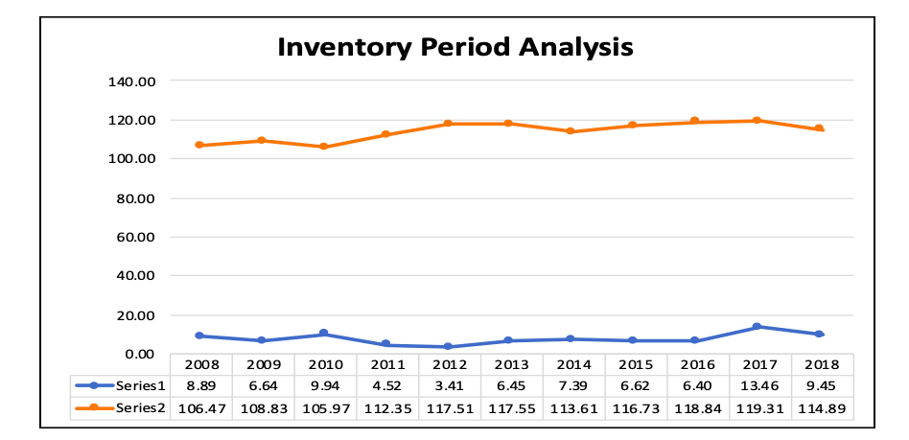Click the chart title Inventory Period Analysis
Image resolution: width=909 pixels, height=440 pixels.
point(454,46)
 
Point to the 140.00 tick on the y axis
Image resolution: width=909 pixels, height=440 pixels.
point(132,81)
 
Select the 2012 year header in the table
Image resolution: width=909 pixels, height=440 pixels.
point(449,365)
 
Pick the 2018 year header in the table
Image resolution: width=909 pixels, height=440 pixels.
point(822,365)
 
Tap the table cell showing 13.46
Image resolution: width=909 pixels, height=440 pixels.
point(759,386)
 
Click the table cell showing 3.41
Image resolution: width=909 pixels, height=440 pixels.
point(449,386)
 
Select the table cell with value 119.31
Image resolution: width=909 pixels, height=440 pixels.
point(759,407)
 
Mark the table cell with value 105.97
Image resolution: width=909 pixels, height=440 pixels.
point(324,407)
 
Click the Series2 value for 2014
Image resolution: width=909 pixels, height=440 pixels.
point(572,407)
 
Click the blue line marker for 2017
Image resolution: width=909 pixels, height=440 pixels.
point(757,327)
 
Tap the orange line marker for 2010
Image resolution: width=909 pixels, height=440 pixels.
point(323,147)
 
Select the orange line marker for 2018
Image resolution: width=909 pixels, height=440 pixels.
point(820,128)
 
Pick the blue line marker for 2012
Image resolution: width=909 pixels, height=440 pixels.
point(448,347)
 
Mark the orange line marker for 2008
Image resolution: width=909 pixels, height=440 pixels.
point(199,145)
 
